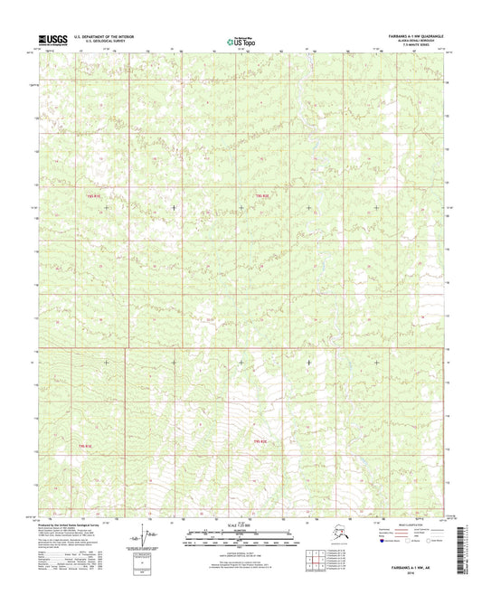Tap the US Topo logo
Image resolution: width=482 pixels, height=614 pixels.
pos(241,40)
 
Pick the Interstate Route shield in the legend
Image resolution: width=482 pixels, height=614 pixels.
pos(372,544)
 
